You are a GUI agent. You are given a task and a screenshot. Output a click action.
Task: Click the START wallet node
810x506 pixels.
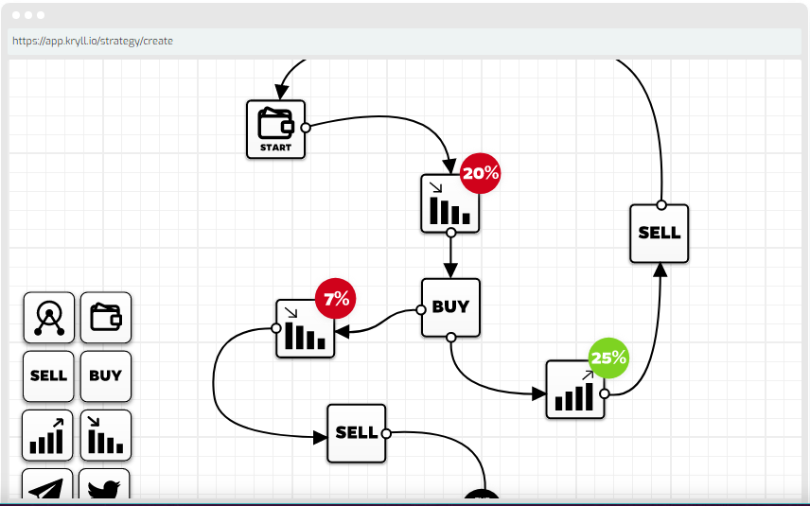(x=275, y=129)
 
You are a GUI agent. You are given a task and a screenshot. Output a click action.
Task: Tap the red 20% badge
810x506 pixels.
(x=480, y=173)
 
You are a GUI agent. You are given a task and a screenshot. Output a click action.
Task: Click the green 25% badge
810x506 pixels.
(x=608, y=358)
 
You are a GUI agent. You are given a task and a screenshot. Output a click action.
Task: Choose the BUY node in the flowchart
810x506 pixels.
(x=450, y=306)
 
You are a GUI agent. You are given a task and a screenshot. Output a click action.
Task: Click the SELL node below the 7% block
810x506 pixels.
(x=356, y=433)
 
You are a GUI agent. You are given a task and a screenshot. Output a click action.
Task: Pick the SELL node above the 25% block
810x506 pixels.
(x=659, y=233)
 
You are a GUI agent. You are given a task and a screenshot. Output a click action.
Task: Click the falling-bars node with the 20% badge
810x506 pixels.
(x=449, y=203)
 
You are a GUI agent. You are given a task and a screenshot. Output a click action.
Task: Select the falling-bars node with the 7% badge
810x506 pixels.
(x=304, y=330)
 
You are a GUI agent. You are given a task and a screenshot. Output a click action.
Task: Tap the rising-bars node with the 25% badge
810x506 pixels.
(x=574, y=390)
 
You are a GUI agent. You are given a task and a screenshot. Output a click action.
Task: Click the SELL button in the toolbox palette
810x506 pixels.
(x=48, y=375)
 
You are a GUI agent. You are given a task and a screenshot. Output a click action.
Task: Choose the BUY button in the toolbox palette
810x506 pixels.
(x=105, y=375)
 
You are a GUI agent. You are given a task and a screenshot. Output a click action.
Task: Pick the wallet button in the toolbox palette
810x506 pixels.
(x=105, y=318)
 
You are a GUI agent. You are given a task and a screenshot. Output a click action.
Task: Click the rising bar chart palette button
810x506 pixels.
(x=48, y=435)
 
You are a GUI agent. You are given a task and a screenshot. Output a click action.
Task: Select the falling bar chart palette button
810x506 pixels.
(x=105, y=435)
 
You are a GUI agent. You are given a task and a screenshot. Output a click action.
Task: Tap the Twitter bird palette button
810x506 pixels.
(x=104, y=485)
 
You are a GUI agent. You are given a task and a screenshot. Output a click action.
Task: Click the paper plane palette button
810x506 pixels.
(x=48, y=485)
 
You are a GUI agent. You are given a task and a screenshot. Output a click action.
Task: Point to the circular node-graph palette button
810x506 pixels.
(x=48, y=318)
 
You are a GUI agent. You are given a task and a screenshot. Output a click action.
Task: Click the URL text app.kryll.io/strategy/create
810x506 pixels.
(x=93, y=42)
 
